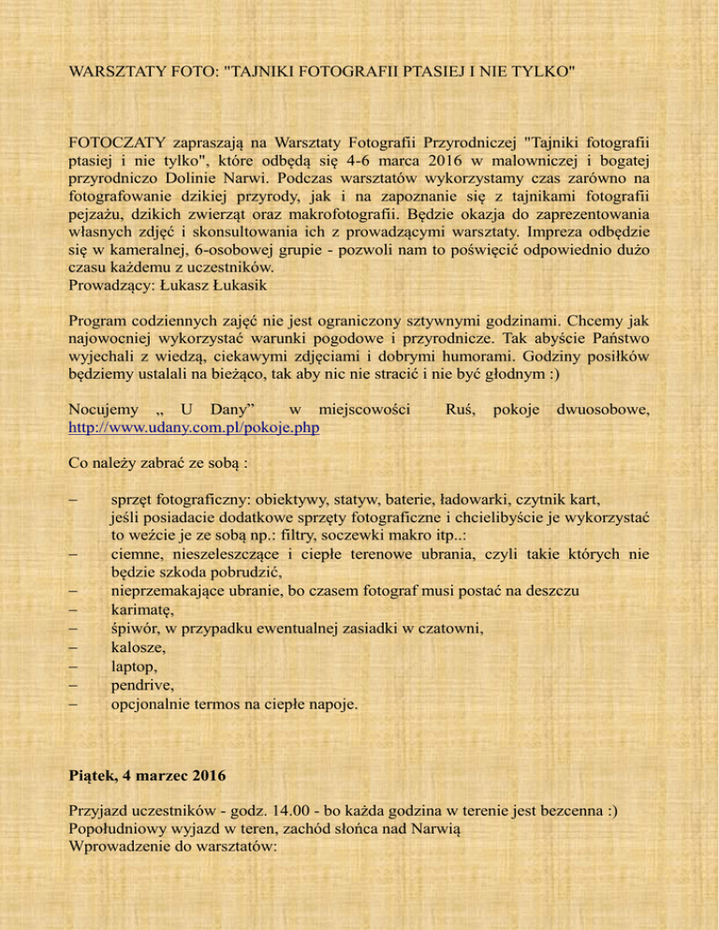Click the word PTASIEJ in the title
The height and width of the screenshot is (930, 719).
pos(408,70)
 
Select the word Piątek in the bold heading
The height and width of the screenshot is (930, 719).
pos(95,775)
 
